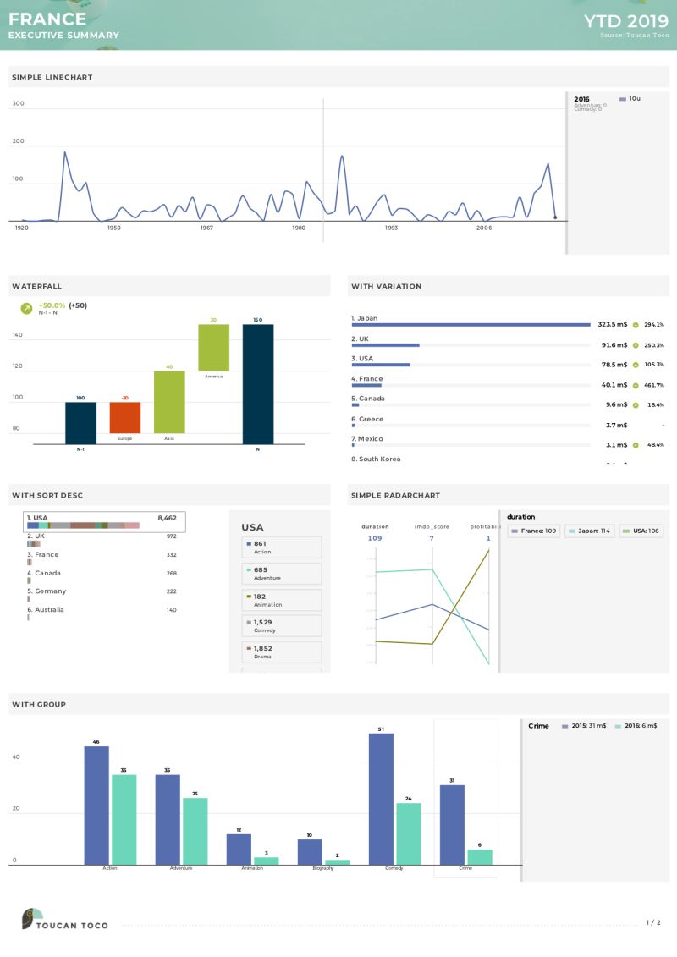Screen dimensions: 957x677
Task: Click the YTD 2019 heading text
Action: coord(625,20)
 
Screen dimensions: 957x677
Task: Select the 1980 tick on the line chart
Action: coord(299,228)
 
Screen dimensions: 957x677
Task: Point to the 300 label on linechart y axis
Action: coord(18,104)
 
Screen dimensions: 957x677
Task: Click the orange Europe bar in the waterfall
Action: coord(125,417)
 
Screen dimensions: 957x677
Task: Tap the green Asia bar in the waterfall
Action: coord(169,402)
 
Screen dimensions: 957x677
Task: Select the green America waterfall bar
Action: coord(213,347)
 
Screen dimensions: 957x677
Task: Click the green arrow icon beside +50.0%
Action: coord(26,309)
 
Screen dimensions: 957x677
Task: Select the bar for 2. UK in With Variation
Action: coord(385,345)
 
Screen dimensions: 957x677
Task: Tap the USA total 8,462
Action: coord(167,517)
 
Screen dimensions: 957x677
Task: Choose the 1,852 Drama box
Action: coord(282,652)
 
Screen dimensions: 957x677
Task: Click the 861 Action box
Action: coord(282,547)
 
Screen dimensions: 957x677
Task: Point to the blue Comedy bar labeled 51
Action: coord(381,799)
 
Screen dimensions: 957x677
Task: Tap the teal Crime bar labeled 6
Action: coord(480,857)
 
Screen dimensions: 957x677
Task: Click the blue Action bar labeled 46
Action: coord(96,805)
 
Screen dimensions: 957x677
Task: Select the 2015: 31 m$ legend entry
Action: coord(584,726)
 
